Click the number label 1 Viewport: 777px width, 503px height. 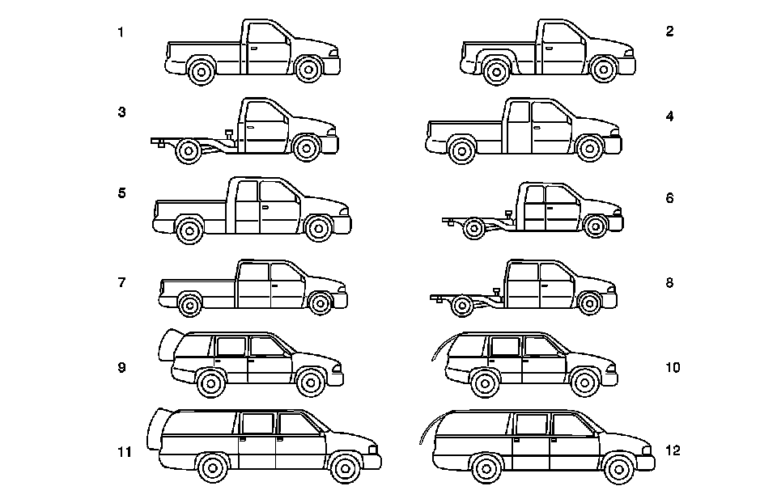121,32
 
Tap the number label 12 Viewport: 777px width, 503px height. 672,450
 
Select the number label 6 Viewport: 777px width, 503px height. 669,197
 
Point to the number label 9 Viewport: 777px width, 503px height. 121,367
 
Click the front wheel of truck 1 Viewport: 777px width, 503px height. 308,70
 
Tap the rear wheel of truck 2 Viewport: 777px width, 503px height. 495,71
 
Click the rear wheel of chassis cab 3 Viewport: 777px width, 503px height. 189,150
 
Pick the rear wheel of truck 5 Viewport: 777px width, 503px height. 191,230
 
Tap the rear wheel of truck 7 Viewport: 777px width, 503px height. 189,305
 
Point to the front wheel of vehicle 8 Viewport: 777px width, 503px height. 591,304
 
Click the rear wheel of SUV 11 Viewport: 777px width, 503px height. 213,467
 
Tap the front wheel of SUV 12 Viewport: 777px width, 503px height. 619,468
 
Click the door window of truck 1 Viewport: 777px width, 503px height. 267,33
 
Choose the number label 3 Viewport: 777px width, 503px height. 121,112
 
